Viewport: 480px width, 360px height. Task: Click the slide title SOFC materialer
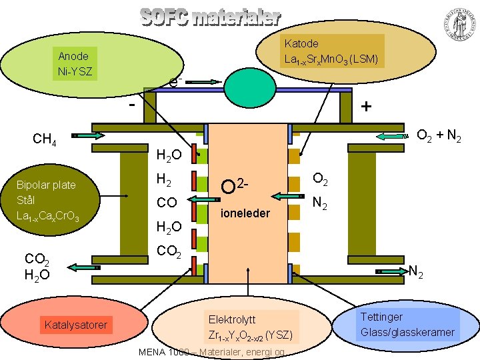click(x=209, y=17)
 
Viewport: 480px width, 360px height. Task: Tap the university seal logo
click(x=457, y=24)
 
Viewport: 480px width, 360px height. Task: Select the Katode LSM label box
click(x=331, y=51)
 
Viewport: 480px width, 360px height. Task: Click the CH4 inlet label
click(x=47, y=139)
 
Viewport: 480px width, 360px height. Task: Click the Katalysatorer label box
click(x=75, y=325)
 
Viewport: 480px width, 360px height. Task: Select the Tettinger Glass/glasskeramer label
click(x=407, y=324)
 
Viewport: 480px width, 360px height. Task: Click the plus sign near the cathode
click(x=366, y=107)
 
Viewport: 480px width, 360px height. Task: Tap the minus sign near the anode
click(x=132, y=105)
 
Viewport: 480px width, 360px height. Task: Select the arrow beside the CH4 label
click(x=86, y=135)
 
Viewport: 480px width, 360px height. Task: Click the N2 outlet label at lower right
click(x=417, y=271)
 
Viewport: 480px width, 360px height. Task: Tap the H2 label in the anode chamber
click(x=164, y=179)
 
